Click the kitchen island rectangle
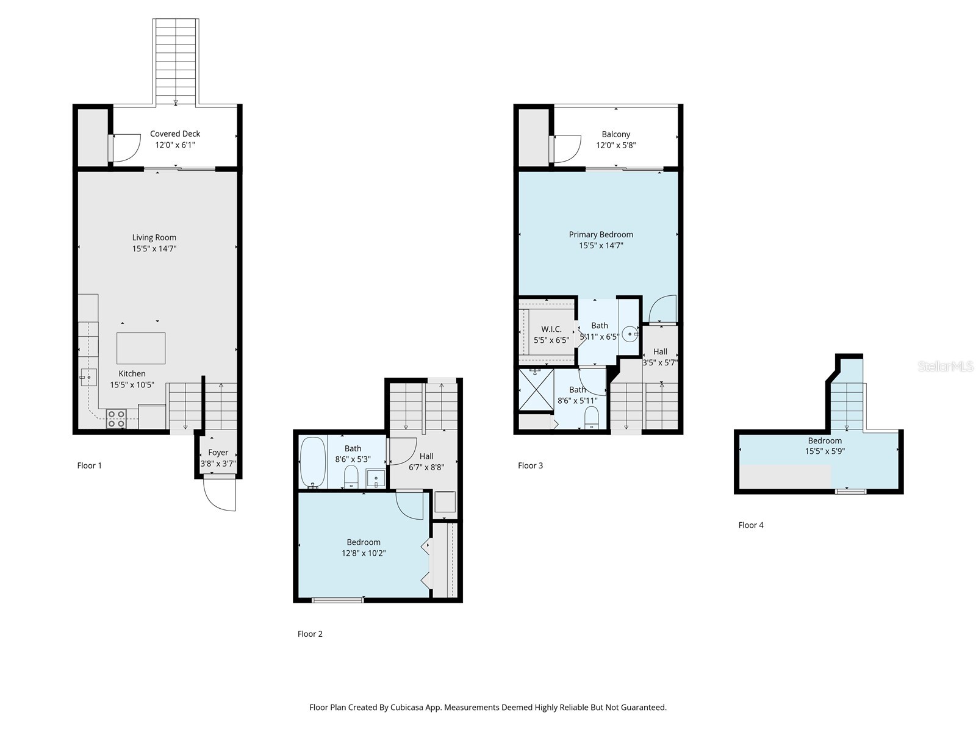click(141, 348)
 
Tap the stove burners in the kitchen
click(116, 418)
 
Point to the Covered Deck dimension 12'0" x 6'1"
click(175, 145)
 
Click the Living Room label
click(154, 237)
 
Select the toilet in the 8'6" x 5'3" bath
click(351, 476)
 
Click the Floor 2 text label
click(310, 634)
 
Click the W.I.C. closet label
click(551, 329)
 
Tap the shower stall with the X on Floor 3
click(536, 389)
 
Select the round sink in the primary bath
click(630, 335)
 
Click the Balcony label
click(615, 134)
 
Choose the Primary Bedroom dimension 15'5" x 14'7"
click(601, 246)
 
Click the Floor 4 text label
click(751, 525)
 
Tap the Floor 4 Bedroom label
click(825, 440)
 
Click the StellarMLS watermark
click(945, 367)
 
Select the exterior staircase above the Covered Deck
click(176, 61)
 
